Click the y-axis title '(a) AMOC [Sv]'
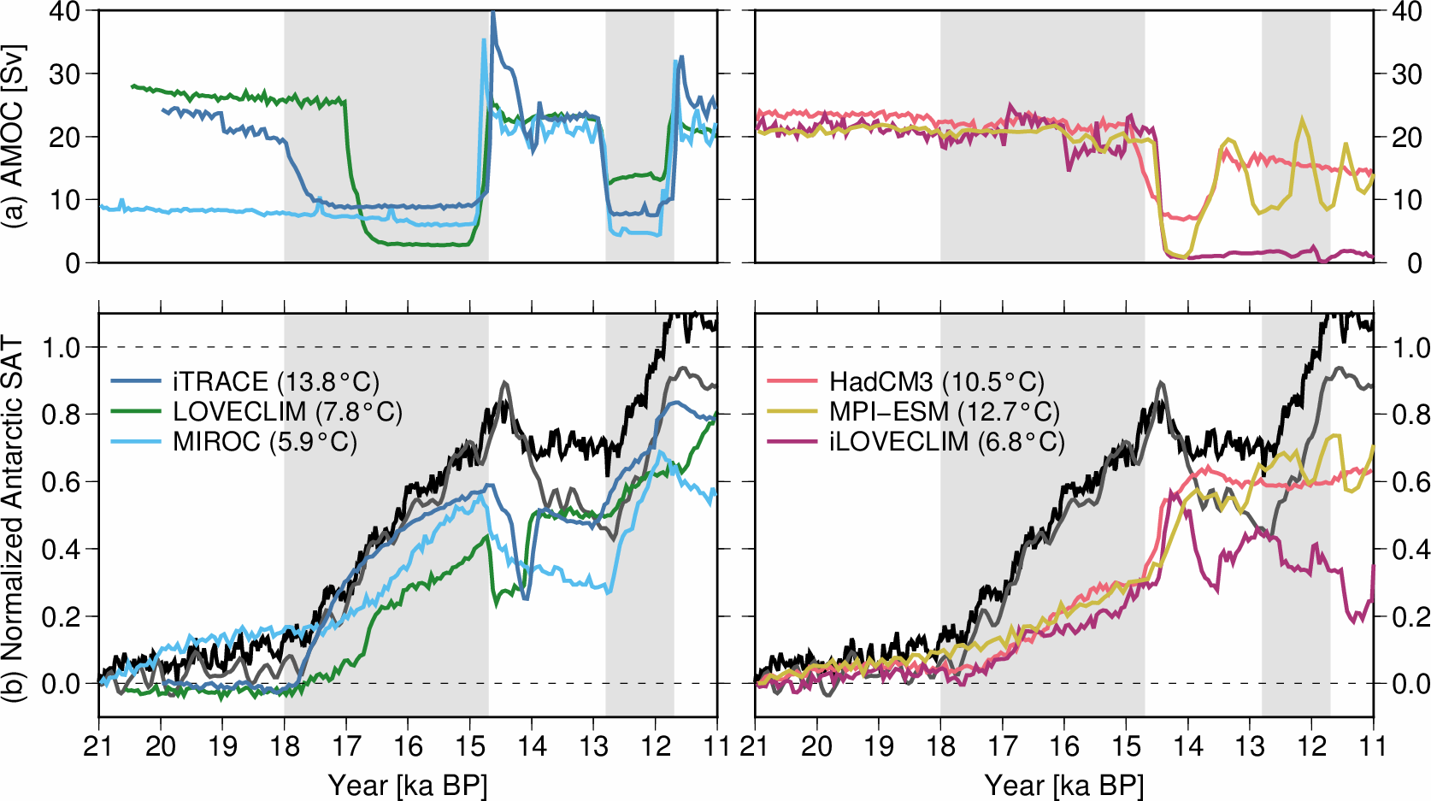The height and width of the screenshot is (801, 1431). (14, 137)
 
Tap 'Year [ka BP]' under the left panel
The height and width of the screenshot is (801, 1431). (408, 785)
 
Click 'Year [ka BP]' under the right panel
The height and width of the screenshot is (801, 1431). (1064, 785)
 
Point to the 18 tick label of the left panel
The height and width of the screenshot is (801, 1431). (285, 746)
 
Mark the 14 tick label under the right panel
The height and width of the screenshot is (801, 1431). (1188, 746)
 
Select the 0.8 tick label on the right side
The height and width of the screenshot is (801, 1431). (1410, 415)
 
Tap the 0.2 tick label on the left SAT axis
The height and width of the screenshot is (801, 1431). (60, 616)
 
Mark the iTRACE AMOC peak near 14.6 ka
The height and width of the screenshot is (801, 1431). (493, 14)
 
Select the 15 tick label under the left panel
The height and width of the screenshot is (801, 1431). (469, 746)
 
